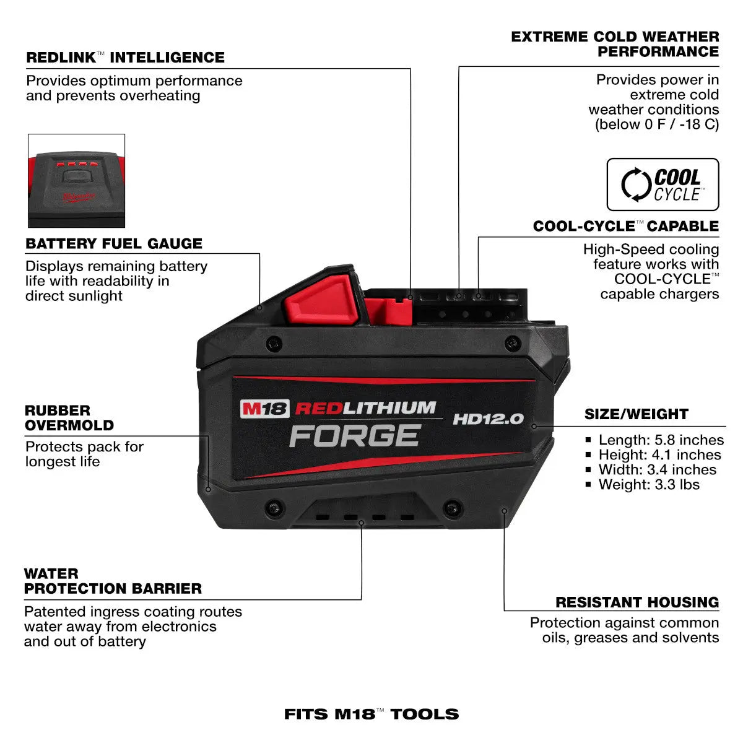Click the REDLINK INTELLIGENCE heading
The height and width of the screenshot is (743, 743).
(x=125, y=58)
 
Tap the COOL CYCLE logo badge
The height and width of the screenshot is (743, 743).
(x=663, y=185)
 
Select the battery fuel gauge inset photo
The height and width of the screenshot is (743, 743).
(x=76, y=181)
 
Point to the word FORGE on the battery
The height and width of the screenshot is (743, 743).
(x=355, y=436)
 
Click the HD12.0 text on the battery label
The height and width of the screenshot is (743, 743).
(x=488, y=419)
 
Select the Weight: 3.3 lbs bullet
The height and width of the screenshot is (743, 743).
(x=648, y=485)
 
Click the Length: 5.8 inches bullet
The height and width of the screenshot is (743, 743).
(x=660, y=440)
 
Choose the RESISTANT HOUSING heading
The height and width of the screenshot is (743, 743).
(x=637, y=602)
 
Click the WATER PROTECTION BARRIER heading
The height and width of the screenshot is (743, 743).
(x=113, y=581)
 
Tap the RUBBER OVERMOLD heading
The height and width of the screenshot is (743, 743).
(x=69, y=418)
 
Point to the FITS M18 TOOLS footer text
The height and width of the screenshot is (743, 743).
(x=371, y=714)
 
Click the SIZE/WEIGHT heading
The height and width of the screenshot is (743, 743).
(x=636, y=414)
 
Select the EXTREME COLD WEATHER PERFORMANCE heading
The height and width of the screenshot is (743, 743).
(x=615, y=44)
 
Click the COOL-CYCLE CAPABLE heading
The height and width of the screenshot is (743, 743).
(x=625, y=227)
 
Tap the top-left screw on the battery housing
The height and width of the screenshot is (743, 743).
(x=273, y=342)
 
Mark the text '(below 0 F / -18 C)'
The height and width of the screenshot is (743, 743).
(x=656, y=124)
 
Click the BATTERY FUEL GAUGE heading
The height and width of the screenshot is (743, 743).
(x=114, y=244)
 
